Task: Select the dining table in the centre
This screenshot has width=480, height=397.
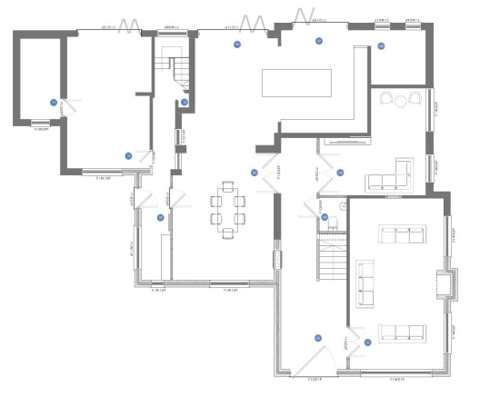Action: click(x=226, y=209)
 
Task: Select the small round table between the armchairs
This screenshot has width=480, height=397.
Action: click(x=401, y=100)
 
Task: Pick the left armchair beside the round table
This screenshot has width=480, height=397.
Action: click(x=385, y=99)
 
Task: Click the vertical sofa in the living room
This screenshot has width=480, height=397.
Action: click(x=367, y=283)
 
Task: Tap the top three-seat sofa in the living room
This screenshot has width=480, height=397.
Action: click(x=402, y=236)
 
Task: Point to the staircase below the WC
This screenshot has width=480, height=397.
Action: click(x=330, y=257)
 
